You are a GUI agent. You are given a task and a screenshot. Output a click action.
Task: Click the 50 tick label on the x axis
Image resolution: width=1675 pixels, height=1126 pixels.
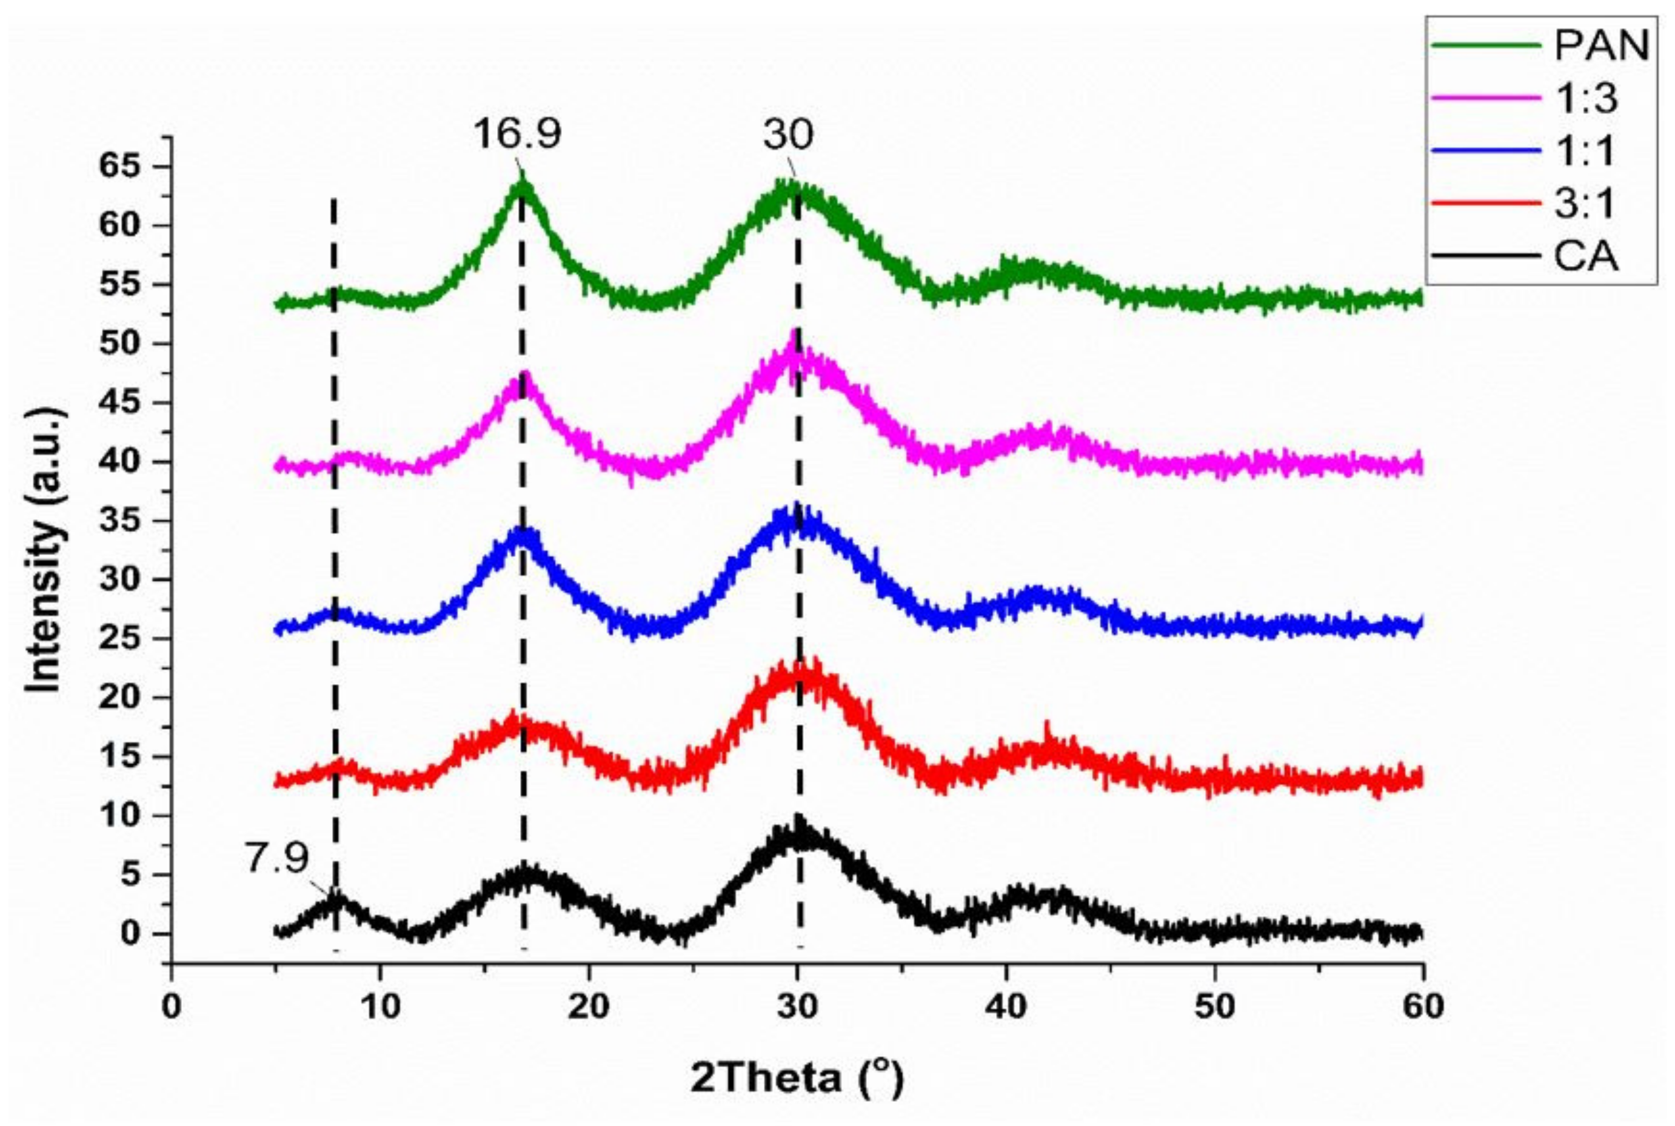point(1214,1006)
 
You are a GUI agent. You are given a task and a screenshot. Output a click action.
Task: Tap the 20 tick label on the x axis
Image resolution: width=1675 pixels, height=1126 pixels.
point(589,1006)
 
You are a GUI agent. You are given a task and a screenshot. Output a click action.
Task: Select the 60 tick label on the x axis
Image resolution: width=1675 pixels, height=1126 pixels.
point(1422,1006)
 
